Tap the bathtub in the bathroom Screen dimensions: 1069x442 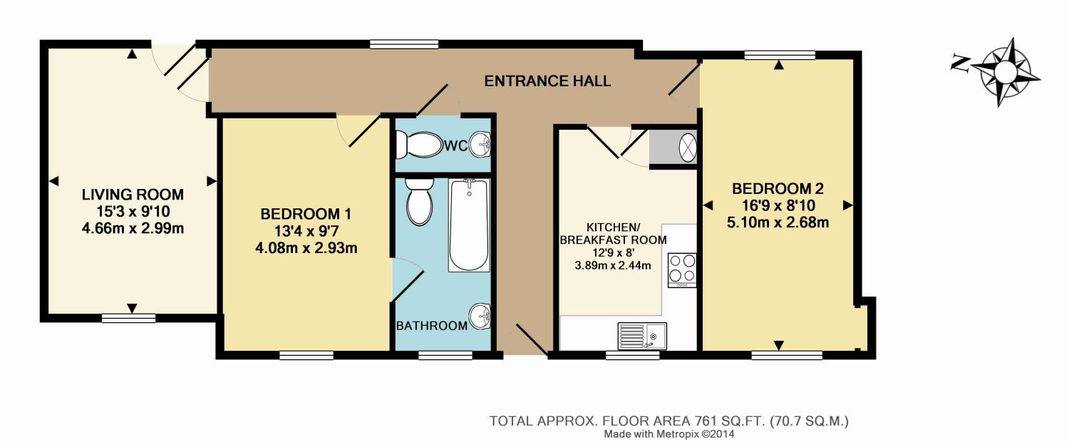pyautogui.click(x=469, y=225)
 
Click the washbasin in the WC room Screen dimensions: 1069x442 pyautogui.click(x=480, y=145)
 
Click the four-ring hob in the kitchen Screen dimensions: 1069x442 pyautogui.click(x=682, y=270)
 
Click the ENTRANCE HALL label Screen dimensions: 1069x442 pyautogui.click(x=547, y=81)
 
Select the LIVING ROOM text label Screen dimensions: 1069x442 pyautogui.click(x=133, y=195)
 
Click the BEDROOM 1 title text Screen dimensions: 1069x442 pyautogui.click(x=306, y=214)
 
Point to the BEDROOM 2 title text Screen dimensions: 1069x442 pyautogui.click(x=778, y=188)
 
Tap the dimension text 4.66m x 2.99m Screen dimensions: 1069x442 pyautogui.click(x=133, y=229)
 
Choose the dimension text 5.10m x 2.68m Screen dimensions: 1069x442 pyautogui.click(x=778, y=222)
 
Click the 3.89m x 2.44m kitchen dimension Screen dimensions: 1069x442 pyautogui.click(x=613, y=266)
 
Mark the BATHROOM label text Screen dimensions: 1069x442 pyautogui.click(x=432, y=326)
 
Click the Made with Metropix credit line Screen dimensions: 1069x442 pyautogui.click(x=669, y=434)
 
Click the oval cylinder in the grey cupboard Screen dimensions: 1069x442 pyautogui.click(x=688, y=147)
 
